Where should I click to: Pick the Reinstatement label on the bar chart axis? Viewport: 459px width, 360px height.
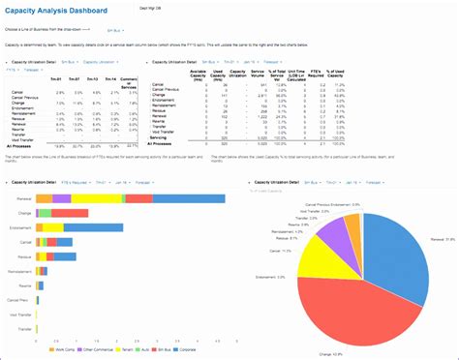point(20,272)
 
